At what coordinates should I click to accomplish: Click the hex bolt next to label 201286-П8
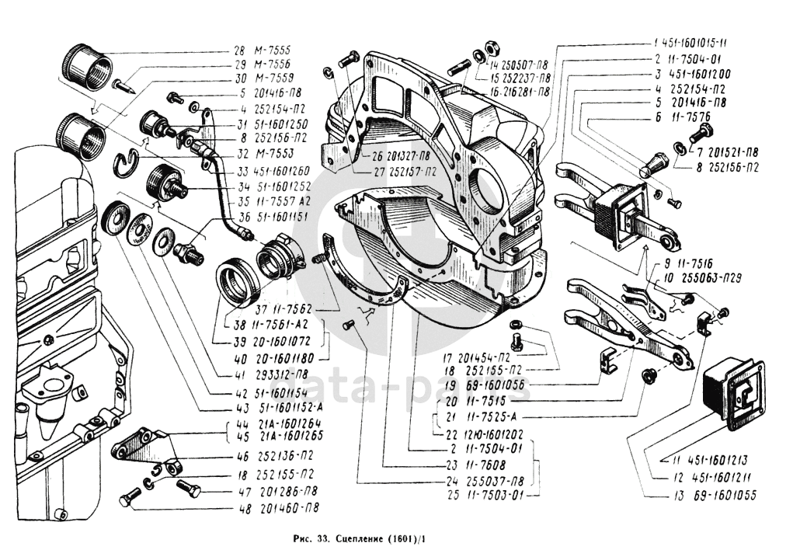click(x=189, y=490)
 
